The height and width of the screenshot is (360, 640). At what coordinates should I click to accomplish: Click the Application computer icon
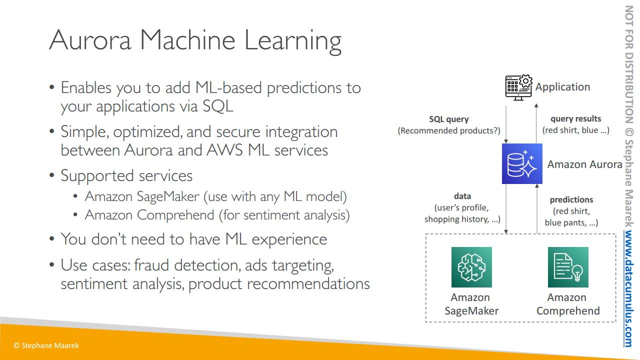coord(518,87)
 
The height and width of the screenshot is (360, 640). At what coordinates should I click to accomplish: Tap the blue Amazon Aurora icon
coord(522,163)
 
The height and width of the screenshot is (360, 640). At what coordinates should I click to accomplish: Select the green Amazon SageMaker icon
coord(471,267)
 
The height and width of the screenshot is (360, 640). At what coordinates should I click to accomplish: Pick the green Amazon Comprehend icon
coord(568,267)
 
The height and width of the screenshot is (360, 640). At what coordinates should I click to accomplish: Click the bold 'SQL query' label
coord(449,119)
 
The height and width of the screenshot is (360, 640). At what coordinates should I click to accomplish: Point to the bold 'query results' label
coord(575,118)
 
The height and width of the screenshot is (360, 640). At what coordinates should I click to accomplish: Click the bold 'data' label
coord(462,196)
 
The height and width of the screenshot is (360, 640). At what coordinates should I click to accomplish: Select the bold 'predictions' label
coord(571,199)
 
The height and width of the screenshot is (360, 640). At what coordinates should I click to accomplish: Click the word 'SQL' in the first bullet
coord(217,106)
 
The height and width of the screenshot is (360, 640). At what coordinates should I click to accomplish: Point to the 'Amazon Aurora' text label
coord(584,164)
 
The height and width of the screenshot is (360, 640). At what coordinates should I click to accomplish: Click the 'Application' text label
coord(562,87)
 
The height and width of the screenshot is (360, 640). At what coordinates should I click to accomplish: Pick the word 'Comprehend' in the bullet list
coord(175,215)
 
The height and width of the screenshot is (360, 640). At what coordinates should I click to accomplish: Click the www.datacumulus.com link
coord(628,289)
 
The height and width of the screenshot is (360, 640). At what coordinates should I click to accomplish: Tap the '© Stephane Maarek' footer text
coord(46,345)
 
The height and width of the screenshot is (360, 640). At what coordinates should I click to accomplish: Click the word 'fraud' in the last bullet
coord(151,265)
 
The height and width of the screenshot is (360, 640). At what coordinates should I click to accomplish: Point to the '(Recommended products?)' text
coord(449,130)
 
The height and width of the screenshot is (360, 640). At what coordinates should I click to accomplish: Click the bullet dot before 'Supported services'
coord(51,175)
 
